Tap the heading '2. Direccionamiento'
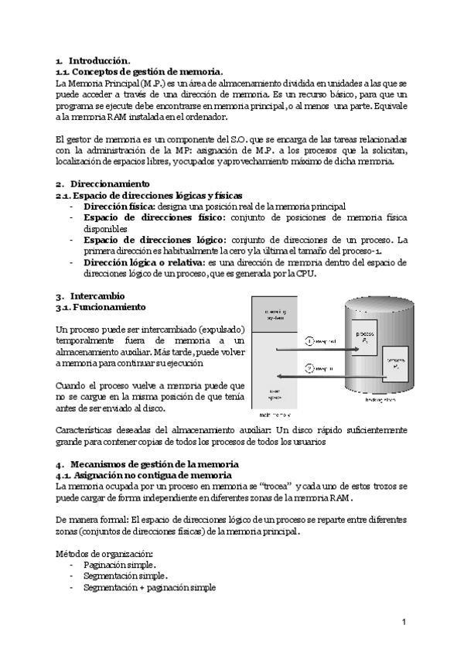(x=102, y=184)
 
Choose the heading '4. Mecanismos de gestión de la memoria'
(x=147, y=463)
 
